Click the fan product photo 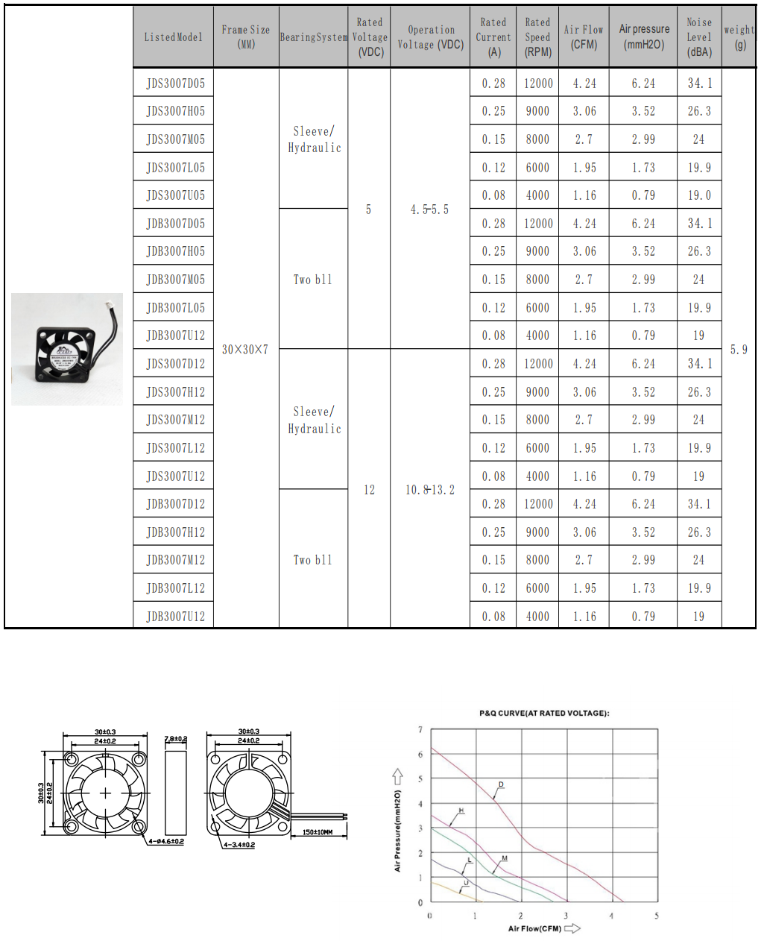(67, 349)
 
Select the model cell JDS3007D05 (175, 84)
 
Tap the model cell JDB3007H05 (175, 251)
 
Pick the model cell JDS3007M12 (175, 420)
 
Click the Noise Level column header (699, 37)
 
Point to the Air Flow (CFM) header (584, 37)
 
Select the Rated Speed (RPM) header (537, 37)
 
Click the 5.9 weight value (739, 349)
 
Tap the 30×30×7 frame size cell (245, 349)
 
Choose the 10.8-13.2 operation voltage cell (430, 490)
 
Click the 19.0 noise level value (699, 195)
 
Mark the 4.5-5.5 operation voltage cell (430, 210)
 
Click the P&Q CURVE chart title (544, 713)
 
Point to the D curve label (501, 784)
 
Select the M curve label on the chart (505, 858)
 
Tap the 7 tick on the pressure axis (420, 730)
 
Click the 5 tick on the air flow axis (657, 916)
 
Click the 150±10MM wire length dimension (318, 832)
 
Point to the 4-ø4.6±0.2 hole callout (166, 841)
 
